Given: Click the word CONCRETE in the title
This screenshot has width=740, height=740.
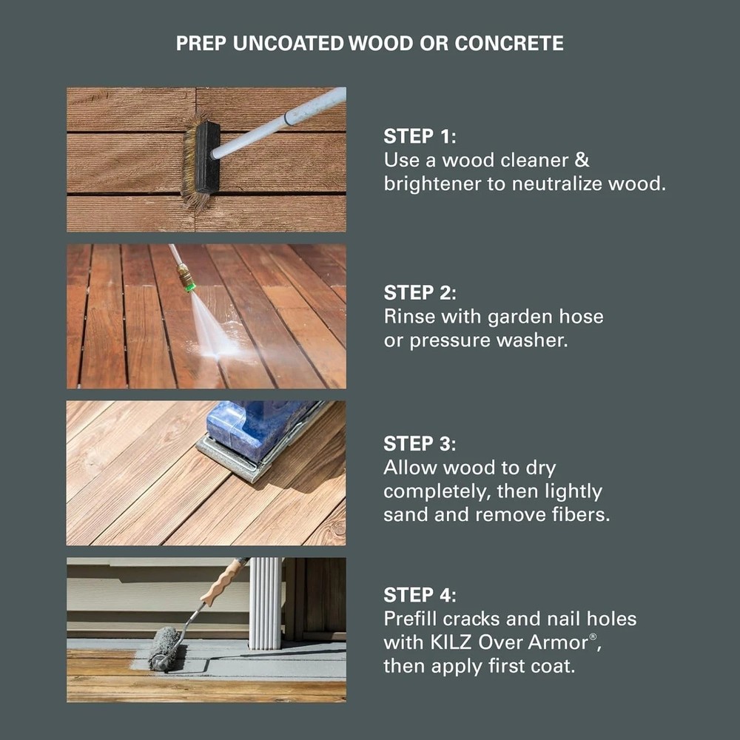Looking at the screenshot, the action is point(509,44).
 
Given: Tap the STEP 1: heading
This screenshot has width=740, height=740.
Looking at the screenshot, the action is point(420,136).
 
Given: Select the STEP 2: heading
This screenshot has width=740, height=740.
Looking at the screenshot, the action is point(420,292).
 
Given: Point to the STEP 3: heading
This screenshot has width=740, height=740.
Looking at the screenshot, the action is point(420,443).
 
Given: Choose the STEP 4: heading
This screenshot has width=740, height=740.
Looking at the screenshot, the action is point(420,595).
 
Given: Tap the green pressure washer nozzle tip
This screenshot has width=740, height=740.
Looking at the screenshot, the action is point(189,286).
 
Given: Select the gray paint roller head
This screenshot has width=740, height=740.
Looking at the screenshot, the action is point(162,648).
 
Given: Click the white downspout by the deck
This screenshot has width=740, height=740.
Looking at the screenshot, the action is point(266,603).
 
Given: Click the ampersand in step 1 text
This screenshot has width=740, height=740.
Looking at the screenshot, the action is point(582,160).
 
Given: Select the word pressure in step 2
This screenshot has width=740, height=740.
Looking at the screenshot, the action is point(450,340).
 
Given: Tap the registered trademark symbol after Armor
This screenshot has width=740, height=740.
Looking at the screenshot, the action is point(593,636).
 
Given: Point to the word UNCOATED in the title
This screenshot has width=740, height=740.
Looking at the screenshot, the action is point(289,44).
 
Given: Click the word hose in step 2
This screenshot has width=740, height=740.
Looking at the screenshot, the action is point(582,316).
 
